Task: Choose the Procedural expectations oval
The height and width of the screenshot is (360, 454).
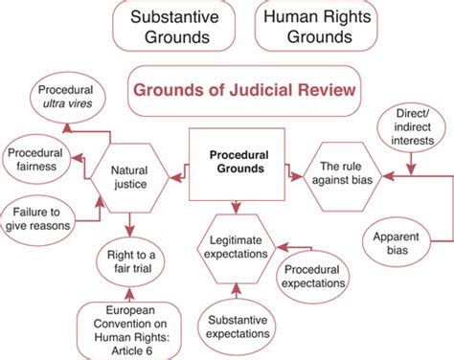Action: [320, 276]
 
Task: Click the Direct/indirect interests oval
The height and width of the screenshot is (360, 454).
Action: [413, 126]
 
